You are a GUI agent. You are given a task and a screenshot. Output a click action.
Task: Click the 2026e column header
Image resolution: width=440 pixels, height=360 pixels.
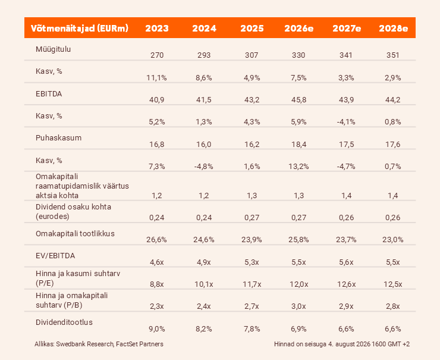coord(299,29)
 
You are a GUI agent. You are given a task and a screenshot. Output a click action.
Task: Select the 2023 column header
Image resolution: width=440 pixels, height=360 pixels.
coord(157,29)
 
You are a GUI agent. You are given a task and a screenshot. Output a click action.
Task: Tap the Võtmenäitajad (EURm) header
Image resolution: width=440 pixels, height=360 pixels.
coord(80,29)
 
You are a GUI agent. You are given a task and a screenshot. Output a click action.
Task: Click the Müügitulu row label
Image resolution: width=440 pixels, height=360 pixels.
coord(53,49)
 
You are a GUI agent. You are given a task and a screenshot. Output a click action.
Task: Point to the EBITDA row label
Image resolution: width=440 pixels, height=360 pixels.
coord(49,94)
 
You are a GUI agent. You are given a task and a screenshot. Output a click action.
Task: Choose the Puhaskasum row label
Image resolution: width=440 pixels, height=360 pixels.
coord(58,138)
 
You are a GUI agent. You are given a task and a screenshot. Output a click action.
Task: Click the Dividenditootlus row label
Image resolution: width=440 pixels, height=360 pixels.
coord(64,322)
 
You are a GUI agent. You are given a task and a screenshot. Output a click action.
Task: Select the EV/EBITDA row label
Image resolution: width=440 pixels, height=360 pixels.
coord(55,256)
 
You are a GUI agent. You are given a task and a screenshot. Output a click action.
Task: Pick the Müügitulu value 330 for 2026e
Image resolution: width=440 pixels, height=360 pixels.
coord(298,55)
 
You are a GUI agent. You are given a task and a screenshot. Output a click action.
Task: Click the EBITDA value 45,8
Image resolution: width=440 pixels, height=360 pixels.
coord(299,100)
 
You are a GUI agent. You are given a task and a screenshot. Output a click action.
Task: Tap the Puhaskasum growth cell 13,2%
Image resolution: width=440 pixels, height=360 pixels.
coord(298,167)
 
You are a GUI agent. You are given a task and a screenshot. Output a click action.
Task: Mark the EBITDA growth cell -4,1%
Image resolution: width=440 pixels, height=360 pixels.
coord(346,122)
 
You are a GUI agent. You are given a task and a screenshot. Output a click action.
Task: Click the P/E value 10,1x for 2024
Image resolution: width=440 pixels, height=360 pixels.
coord(204,284)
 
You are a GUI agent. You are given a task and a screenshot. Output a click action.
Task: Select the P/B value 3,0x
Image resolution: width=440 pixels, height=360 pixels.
coord(298,306)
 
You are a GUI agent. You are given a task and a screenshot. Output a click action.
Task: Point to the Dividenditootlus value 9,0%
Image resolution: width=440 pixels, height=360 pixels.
coord(157,329)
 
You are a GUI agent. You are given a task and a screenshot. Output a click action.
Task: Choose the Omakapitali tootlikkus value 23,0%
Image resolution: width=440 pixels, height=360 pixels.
coord(393,240)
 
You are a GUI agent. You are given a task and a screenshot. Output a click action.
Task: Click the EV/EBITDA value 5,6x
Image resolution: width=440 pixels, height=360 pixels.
coord(346,262)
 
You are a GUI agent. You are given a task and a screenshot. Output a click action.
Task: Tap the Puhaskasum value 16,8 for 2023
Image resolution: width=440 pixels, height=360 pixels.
coord(157,145)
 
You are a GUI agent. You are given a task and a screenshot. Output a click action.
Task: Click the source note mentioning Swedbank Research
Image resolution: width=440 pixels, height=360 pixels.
coord(99,344)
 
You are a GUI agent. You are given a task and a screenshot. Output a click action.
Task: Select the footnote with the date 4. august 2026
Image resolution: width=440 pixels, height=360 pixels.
coord(342,344)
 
